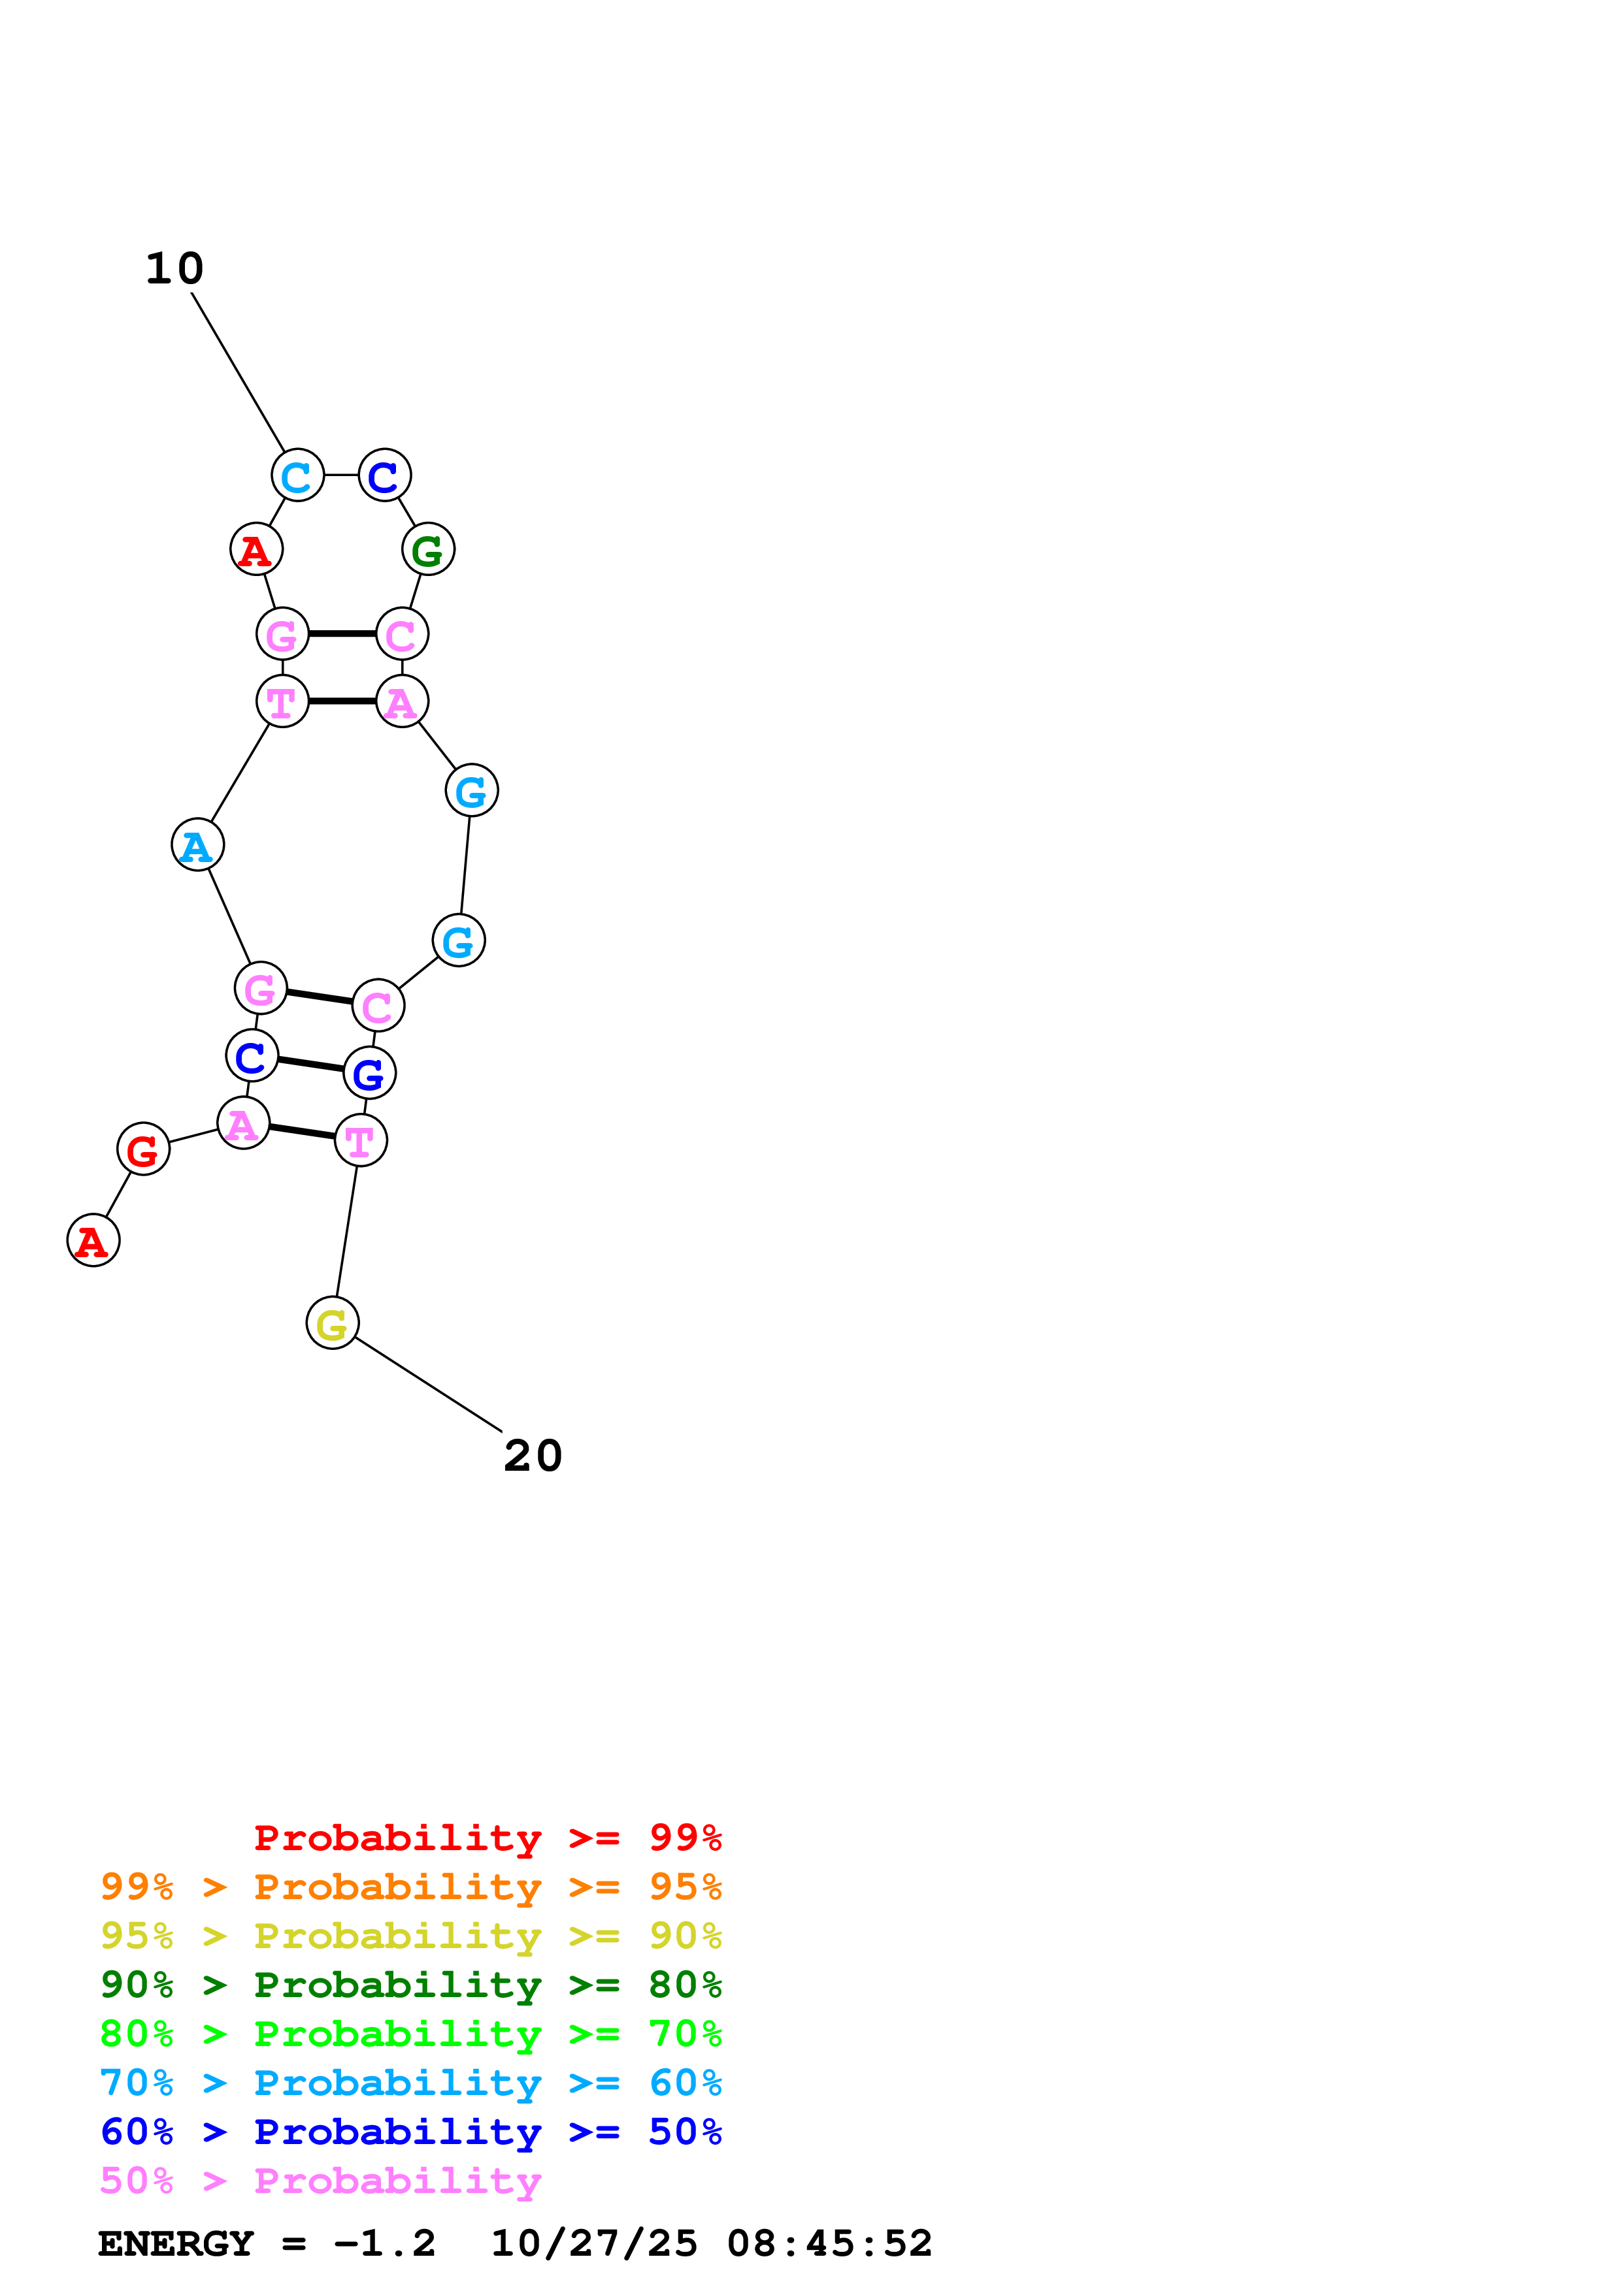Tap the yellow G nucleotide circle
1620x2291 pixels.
[x=333, y=1323]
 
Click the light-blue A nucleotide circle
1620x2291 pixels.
[x=197, y=845]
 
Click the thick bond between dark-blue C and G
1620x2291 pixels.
[x=310, y=1064]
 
